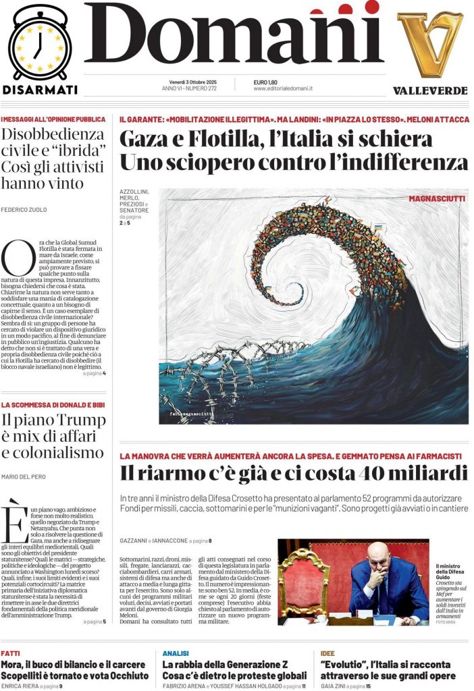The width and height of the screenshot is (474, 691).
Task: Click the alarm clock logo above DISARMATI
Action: tap(40, 43)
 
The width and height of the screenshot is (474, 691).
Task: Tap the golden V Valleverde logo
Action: tap(430, 44)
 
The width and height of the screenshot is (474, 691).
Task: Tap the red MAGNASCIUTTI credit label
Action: tap(436, 198)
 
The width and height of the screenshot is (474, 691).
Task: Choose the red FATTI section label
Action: tap(10, 653)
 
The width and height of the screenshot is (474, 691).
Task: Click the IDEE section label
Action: tap(327, 653)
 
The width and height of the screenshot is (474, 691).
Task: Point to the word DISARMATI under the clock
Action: tap(40, 90)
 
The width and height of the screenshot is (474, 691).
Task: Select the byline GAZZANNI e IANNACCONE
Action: tap(152, 541)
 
